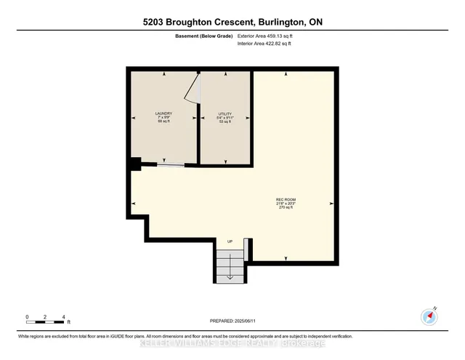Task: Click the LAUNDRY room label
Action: pos(163,113)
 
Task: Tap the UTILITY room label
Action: pos(225,113)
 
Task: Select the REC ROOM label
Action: pos(286,199)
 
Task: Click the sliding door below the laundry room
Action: pos(170,166)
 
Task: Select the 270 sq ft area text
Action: pos(286,207)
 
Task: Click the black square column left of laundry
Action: pos(134,164)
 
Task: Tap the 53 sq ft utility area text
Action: pos(225,121)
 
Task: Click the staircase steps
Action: pos(230,265)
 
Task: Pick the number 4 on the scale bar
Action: pos(64,317)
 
